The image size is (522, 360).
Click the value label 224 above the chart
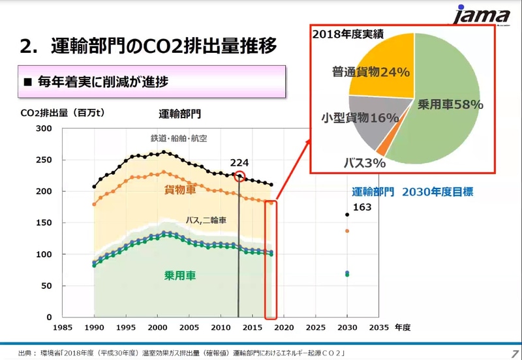tap(239, 162)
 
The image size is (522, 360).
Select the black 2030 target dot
tap(346, 215)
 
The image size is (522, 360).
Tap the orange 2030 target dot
tap(346, 231)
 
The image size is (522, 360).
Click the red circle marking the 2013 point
tap(239, 176)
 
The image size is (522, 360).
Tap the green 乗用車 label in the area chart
tap(180, 275)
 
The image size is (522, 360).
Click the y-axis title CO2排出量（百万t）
tap(63, 113)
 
